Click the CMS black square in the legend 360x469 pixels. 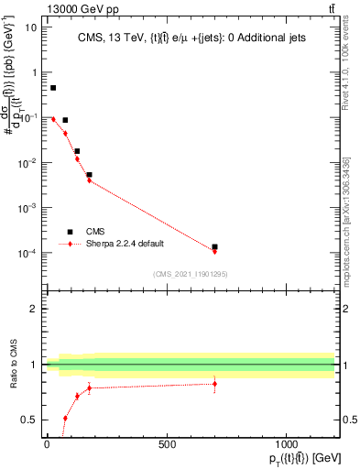pos(70,232)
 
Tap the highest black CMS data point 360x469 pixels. pos(53,88)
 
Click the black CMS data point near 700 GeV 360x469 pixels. pos(214,247)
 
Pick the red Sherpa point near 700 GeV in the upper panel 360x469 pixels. pos(214,251)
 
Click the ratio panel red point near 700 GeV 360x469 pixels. pos(214,384)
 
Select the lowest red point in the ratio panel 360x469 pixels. pos(65,418)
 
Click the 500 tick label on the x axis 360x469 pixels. pos(167,444)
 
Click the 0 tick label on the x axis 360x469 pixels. pos(47,444)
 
